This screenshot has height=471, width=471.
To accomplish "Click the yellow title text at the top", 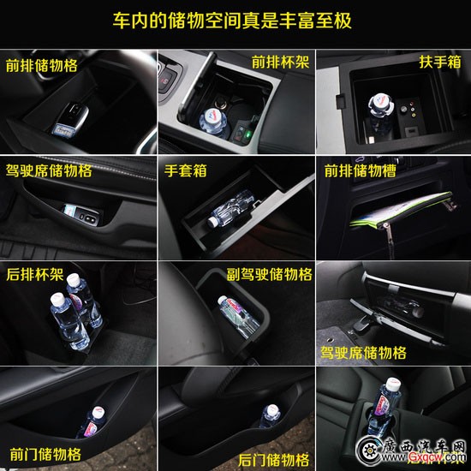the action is pos(232,21).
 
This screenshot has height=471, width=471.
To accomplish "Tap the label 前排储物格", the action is pos(41,65).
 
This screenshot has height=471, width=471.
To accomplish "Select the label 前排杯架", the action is pos(280,63).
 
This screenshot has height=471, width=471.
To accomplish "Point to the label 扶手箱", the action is pos(440,62).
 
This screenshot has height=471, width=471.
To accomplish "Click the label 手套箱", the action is pos(185,170).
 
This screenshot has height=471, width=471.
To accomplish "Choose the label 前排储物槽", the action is pos(361,170).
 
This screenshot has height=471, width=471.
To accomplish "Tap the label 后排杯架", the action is pos(35,274).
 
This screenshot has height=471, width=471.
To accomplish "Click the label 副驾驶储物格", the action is pos(270,274).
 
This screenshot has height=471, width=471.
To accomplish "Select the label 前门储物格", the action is pos(45,455).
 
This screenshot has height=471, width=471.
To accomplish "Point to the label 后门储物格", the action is pos(274,460).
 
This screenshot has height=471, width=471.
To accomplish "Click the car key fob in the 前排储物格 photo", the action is pos(70,121).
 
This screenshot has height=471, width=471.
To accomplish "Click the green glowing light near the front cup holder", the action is pos(248,134).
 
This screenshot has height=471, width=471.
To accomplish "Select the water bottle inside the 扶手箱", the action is pos(380,113).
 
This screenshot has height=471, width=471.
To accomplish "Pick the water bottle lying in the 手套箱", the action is pos(230,208).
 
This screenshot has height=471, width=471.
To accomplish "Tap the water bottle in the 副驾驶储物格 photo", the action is pos(237,316).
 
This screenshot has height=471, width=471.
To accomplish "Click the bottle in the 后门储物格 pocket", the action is pos(270,415).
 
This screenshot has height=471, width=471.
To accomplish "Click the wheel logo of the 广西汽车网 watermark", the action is pos(368,450).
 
